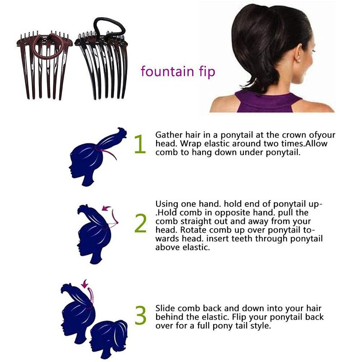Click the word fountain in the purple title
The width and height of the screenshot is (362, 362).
pyautogui.click(x=167, y=71)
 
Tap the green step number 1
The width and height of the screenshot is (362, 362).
pyautogui.click(x=140, y=144)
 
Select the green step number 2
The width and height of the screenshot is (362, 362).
pyautogui.click(x=140, y=223)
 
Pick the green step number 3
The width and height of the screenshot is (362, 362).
pyautogui.click(x=140, y=315)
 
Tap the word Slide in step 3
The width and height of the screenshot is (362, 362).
pyautogui.click(x=165, y=308)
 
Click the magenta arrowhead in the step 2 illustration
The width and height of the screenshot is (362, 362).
pyautogui.click(x=106, y=209)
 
